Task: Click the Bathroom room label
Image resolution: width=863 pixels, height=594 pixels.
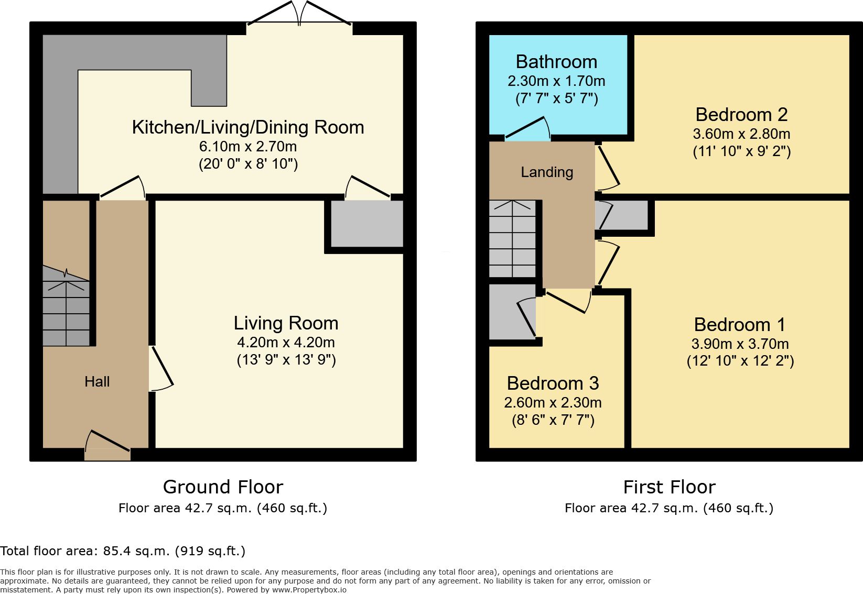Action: click(x=556, y=62)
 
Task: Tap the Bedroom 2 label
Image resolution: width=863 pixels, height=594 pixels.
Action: click(x=741, y=114)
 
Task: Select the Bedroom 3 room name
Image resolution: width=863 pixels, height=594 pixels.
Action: click(x=553, y=383)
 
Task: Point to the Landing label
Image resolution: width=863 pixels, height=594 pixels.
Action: click(x=547, y=172)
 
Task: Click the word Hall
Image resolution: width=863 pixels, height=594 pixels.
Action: click(x=97, y=381)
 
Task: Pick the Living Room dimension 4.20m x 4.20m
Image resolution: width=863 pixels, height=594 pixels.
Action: click(x=286, y=342)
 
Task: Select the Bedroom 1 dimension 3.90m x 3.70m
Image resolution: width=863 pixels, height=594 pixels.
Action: click(x=740, y=344)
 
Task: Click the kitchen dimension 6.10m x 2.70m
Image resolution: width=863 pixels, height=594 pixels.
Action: click(x=247, y=146)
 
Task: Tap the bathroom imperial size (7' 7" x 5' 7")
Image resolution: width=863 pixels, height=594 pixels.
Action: click(x=557, y=98)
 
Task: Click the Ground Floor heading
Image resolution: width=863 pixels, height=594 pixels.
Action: click(x=223, y=487)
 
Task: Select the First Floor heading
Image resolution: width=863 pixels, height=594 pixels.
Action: click(x=669, y=487)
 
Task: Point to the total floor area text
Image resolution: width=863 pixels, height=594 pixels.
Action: click(x=123, y=551)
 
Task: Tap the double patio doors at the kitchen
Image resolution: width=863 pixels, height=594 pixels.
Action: click(x=299, y=13)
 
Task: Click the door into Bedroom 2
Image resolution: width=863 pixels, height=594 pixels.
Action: click(x=607, y=168)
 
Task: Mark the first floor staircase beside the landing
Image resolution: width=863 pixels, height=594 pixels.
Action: click(x=512, y=239)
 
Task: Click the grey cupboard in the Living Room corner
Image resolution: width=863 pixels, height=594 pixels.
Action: click(x=367, y=224)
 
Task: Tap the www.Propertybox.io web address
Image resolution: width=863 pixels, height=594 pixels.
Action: click(x=309, y=590)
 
